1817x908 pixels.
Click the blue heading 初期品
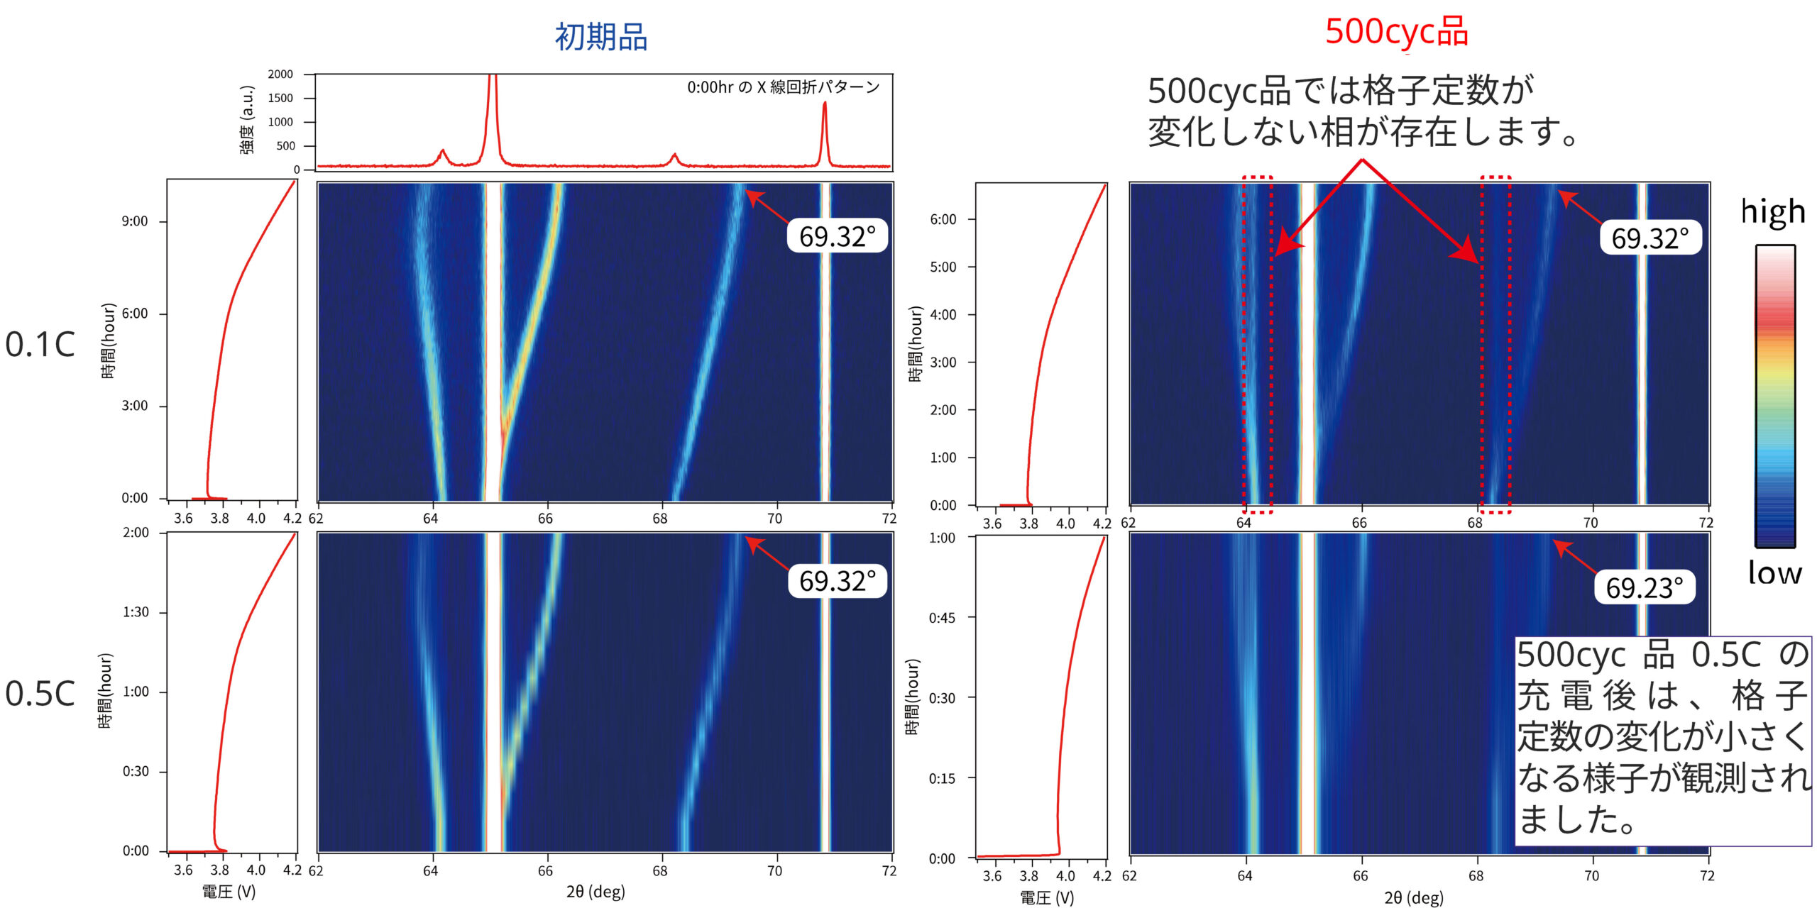600,37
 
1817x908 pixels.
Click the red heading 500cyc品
1396,32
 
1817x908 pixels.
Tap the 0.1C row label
40,345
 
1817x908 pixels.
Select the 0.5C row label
40,694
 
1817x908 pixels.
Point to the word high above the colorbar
1772,211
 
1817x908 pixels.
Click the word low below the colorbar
1774,572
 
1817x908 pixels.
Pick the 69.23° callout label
1645,588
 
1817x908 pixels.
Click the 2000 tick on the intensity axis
280,74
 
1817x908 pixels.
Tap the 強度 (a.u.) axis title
247,119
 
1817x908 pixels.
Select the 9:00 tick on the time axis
134,221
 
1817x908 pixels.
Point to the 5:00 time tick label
943,267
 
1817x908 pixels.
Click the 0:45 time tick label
942,618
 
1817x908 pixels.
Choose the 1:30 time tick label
136,612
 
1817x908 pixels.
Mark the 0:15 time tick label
942,778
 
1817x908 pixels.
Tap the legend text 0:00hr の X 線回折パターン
783,87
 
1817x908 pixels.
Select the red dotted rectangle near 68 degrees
1495,344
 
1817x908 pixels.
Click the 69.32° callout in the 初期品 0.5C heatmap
838,581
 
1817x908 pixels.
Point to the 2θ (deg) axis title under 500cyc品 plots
1413,897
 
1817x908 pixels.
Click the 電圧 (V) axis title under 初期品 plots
229,892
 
